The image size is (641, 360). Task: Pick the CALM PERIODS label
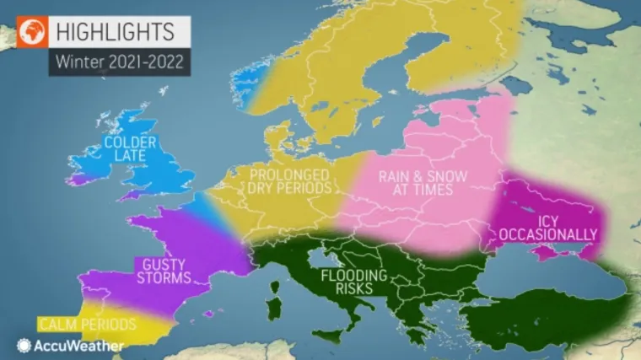[87, 324]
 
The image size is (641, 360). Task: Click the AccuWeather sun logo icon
[24, 345]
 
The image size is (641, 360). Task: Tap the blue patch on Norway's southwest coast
[247, 81]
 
